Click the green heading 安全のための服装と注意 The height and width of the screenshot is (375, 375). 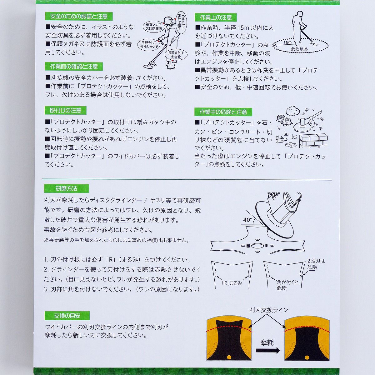79,16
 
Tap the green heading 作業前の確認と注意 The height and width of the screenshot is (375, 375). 74,67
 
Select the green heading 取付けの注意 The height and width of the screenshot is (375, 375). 65,111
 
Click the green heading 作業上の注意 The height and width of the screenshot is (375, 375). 216,17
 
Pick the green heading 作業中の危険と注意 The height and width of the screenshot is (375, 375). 223,112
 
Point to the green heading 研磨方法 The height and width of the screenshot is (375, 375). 67,188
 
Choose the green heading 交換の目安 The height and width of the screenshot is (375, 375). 67,316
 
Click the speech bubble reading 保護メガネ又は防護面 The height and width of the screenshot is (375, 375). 154,27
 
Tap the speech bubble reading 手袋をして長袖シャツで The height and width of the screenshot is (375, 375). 149,45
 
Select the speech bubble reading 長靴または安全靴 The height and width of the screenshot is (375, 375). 176,55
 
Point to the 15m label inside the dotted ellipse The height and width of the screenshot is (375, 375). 287,42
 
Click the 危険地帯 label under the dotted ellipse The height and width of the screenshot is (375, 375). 299,49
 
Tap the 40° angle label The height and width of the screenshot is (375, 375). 247,220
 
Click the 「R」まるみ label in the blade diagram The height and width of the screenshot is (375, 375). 232,283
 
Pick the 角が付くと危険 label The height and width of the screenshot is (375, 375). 287,285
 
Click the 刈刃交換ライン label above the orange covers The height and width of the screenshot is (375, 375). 268,310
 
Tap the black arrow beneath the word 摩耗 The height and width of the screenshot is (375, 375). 268,351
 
